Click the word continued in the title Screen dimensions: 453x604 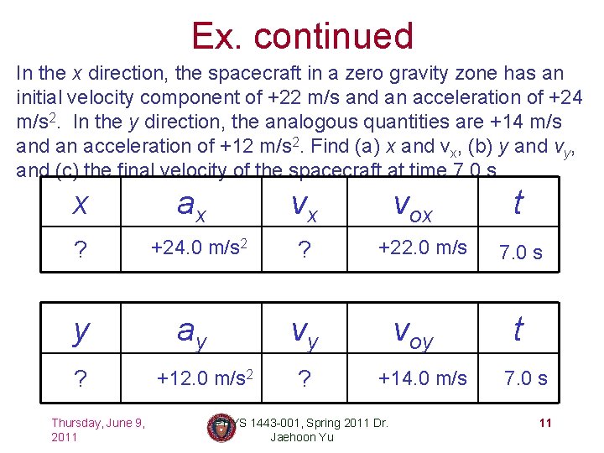click(333, 36)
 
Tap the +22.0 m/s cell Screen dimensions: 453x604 click(423, 248)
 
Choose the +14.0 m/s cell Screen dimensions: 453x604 click(423, 378)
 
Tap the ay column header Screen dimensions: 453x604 click(195, 333)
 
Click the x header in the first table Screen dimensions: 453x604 click(81, 205)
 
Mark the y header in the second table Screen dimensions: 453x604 click(81, 332)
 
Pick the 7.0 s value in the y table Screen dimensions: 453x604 click(525, 378)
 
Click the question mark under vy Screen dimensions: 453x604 click(305, 379)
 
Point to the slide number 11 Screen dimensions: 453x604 click(545, 423)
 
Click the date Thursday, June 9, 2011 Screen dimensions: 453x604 click(98, 430)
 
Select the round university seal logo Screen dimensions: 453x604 click(221, 428)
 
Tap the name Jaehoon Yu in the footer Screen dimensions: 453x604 click(302, 437)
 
